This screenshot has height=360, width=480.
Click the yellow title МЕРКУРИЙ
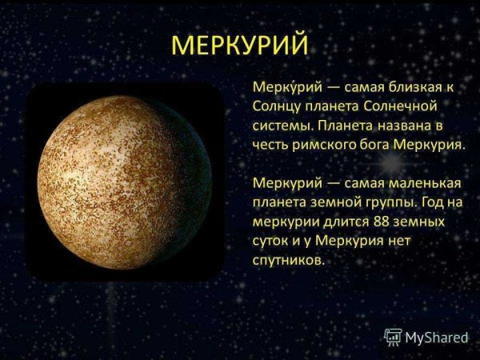239,43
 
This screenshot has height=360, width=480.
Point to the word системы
282,126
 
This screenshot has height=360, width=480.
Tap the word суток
273,241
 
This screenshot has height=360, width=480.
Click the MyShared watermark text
436,338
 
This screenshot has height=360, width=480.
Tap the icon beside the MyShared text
393,337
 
